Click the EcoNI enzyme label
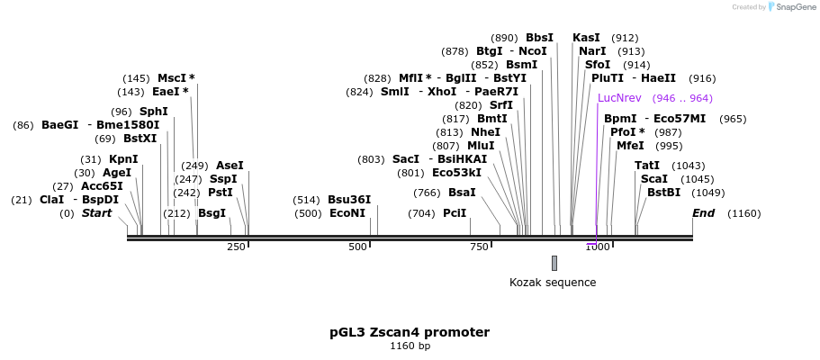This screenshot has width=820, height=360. [x=347, y=213]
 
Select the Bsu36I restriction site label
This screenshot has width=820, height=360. [x=349, y=200]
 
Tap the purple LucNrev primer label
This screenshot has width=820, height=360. [x=619, y=98]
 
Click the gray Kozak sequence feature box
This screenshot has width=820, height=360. [x=554, y=263]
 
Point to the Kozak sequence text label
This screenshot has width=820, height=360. [x=553, y=283]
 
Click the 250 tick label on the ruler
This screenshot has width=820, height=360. [x=236, y=247]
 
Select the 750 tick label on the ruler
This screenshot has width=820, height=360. [x=478, y=247]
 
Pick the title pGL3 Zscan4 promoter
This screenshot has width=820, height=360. [x=410, y=332]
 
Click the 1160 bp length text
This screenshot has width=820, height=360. [x=410, y=346]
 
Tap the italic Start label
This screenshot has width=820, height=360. [x=97, y=213]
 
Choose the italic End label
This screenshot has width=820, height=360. [x=703, y=213]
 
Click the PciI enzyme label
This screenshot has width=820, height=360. [x=455, y=213]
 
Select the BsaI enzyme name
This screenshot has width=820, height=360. [x=463, y=193]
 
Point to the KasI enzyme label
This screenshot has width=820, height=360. [x=586, y=38]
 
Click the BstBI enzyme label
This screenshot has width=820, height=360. [x=664, y=193]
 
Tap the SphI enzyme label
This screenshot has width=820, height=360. [x=154, y=112]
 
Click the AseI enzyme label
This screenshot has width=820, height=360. [x=230, y=166]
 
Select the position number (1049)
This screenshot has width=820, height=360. [x=707, y=193]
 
